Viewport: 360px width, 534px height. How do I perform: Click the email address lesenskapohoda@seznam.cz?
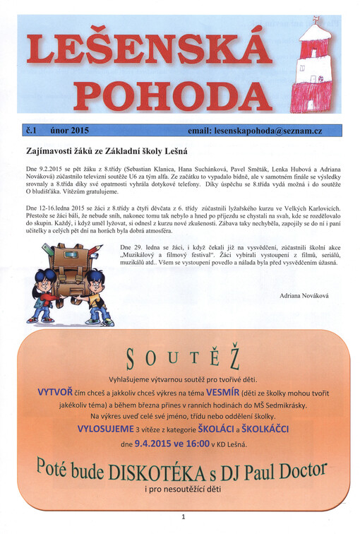(x=265, y=131)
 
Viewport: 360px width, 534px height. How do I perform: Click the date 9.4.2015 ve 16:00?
(x=172, y=444)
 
